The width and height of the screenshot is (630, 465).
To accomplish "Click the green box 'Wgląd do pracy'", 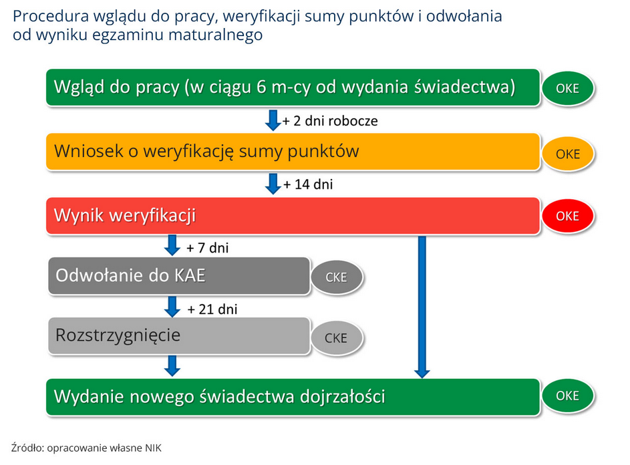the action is click(293, 88).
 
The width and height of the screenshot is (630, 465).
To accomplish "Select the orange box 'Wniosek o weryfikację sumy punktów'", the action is click(293, 152).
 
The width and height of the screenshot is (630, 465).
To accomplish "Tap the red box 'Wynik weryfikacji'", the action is click(293, 215).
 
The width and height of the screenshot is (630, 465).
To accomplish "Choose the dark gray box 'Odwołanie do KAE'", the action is click(179, 276).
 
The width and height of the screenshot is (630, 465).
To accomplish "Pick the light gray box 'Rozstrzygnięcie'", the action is click(179, 335).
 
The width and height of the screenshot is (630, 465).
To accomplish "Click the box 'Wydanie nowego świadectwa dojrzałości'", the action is click(293, 397).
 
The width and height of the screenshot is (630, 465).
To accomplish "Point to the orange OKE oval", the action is click(568, 154).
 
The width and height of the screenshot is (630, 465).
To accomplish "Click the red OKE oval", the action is click(568, 216).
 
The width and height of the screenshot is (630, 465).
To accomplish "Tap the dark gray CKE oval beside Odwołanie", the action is click(337, 277).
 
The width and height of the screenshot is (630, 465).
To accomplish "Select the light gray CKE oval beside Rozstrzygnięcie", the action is click(337, 337).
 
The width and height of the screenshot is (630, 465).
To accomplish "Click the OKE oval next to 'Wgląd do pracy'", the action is click(568, 88).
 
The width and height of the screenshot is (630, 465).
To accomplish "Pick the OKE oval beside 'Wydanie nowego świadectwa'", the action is click(568, 396).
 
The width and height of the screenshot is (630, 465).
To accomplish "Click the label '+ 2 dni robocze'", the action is click(330, 121).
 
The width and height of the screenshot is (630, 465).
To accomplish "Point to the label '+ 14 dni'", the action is click(308, 184).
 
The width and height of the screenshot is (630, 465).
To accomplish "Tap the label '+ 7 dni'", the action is click(208, 248).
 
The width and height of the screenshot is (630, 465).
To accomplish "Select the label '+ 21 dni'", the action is click(212, 309).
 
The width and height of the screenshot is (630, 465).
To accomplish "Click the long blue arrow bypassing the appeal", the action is click(422, 307).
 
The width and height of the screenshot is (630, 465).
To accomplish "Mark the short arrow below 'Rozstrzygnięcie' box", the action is click(172, 365).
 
